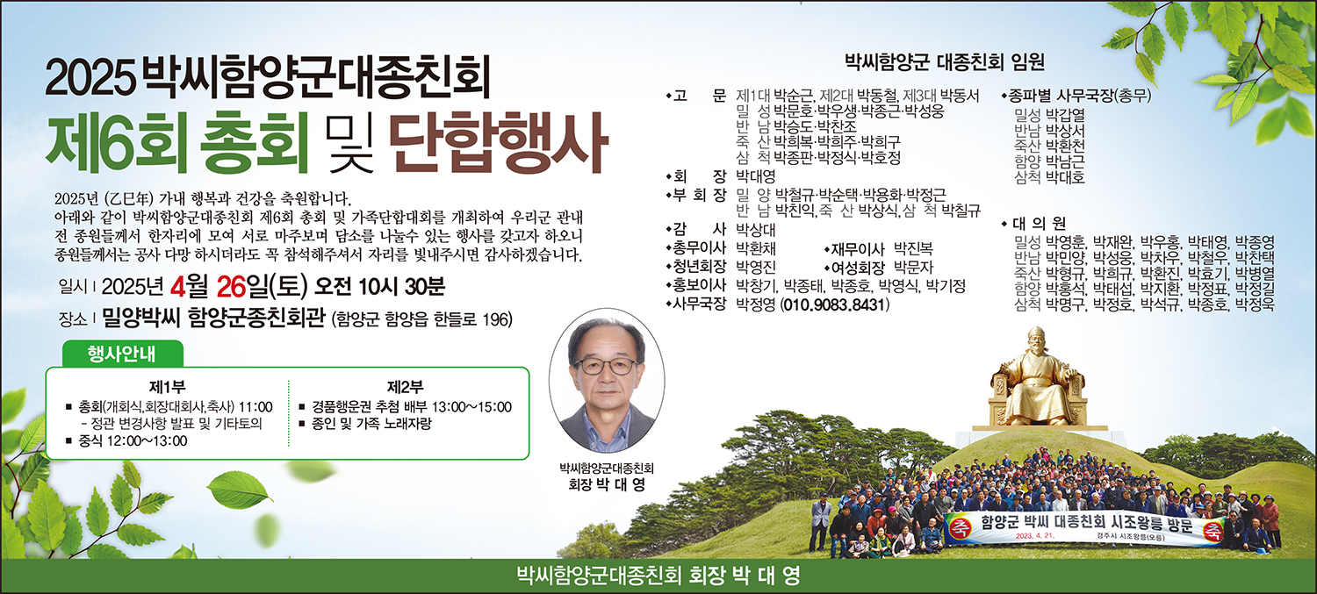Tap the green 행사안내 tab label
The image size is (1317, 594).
click(x=122, y=354)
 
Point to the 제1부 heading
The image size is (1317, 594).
click(x=167, y=387)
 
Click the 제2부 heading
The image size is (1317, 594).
click(x=405, y=387)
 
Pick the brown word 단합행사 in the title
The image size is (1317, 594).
click(x=498, y=143)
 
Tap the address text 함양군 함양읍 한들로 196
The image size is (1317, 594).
click(x=421, y=319)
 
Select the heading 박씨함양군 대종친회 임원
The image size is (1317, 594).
click(x=944, y=62)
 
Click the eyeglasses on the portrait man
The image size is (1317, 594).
click(x=606, y=366)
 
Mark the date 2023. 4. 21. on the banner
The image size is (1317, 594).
click(x=1035, y=536)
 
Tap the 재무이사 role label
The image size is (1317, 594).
click(x=858, y=249)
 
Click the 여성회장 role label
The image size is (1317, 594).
click(x=858, y=268)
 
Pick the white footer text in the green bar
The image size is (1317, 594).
click(x=658, y=576)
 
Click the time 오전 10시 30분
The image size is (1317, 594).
click(x=379, y=287)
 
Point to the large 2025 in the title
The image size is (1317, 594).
click(x=90, y=79)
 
